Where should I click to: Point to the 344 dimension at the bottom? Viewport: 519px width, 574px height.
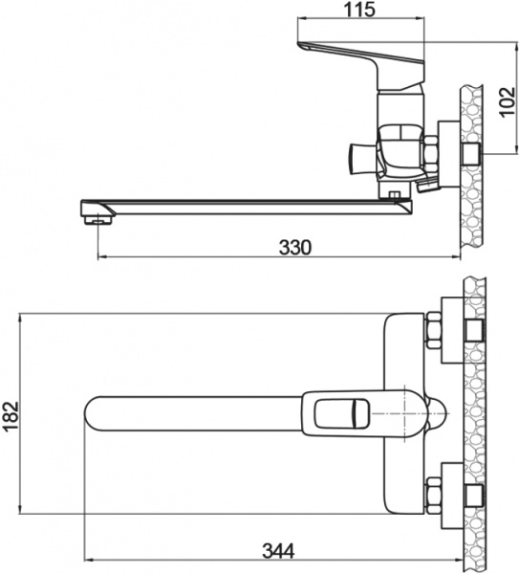276,550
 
